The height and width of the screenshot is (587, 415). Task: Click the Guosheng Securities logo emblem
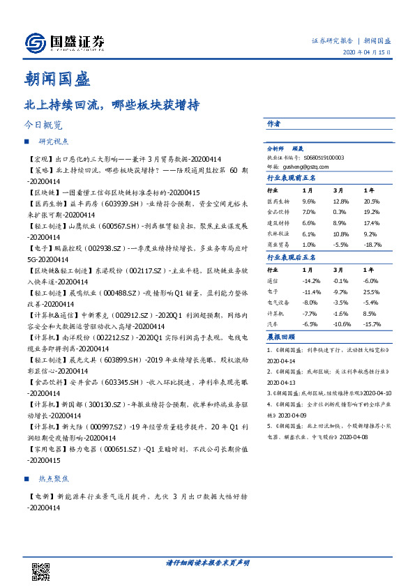tap(36, 44)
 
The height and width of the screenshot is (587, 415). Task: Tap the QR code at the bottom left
tap(42, 572)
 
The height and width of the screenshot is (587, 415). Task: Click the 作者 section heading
tap(273, 123)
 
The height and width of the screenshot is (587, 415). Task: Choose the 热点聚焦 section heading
tap(54, 479)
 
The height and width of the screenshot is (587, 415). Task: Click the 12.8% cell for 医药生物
tap(340, 201)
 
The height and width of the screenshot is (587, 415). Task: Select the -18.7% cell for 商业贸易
tap(374, 245)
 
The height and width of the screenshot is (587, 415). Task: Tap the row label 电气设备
tap(278, 303)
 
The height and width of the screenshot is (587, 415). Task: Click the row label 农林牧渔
tap(278, 234)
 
